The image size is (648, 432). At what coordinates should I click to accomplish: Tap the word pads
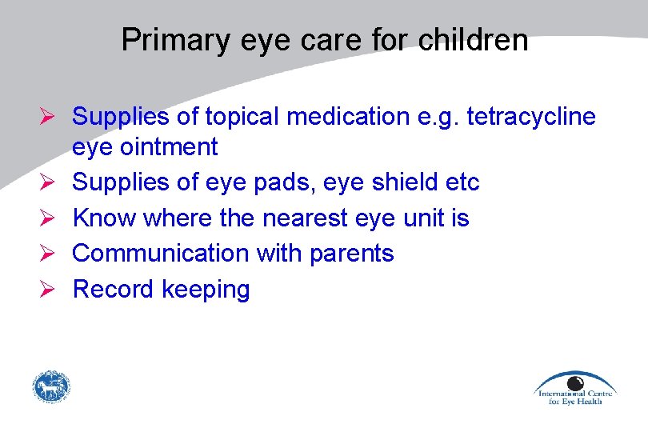(309, 182)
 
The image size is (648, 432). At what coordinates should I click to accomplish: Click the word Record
(114, 289)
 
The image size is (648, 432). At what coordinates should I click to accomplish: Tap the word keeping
(206, 290)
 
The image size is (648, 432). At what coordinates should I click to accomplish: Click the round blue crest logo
(51, 387)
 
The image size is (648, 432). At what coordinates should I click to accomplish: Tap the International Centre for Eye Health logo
(574, 388)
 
